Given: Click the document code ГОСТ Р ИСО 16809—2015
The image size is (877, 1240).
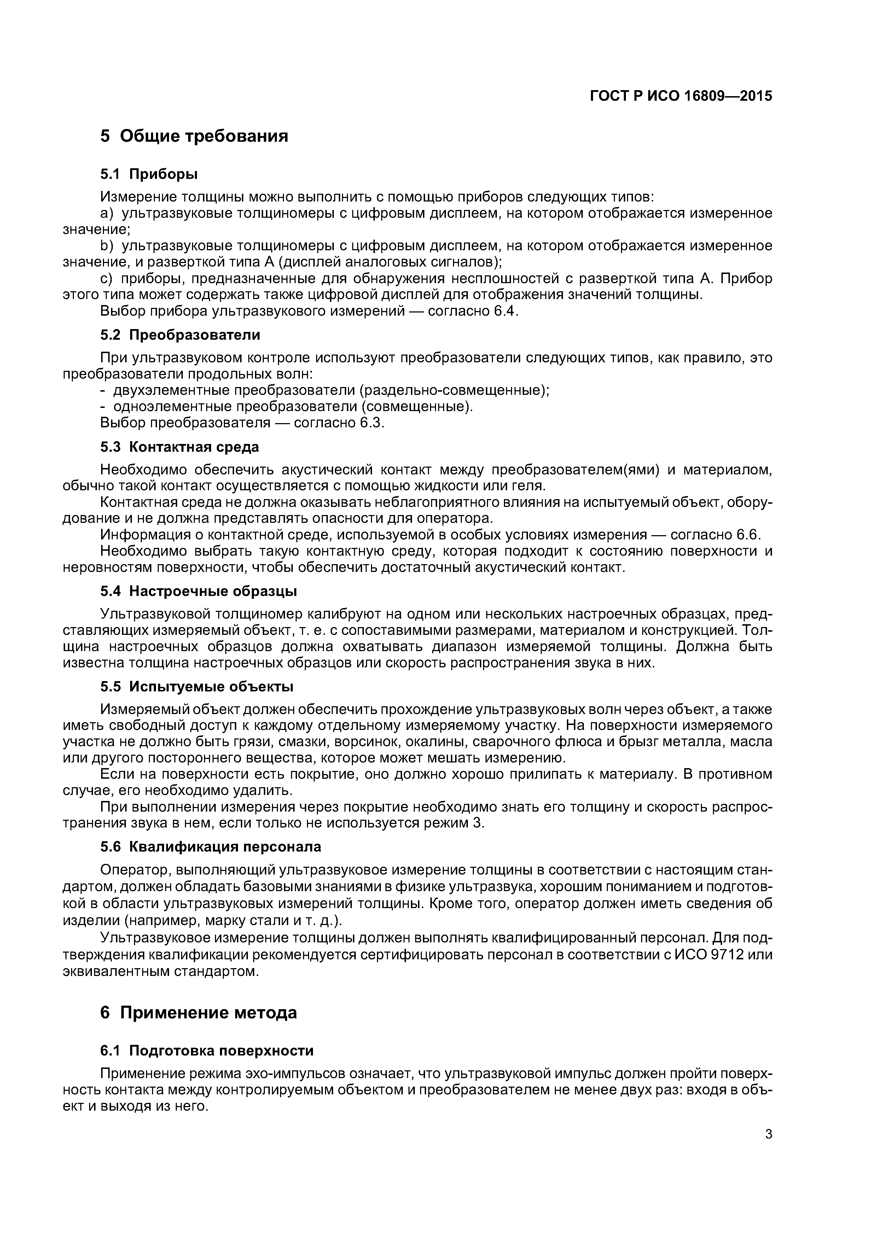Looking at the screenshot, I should [680, 96].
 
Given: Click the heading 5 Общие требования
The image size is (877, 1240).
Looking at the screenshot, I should [194, 136].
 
